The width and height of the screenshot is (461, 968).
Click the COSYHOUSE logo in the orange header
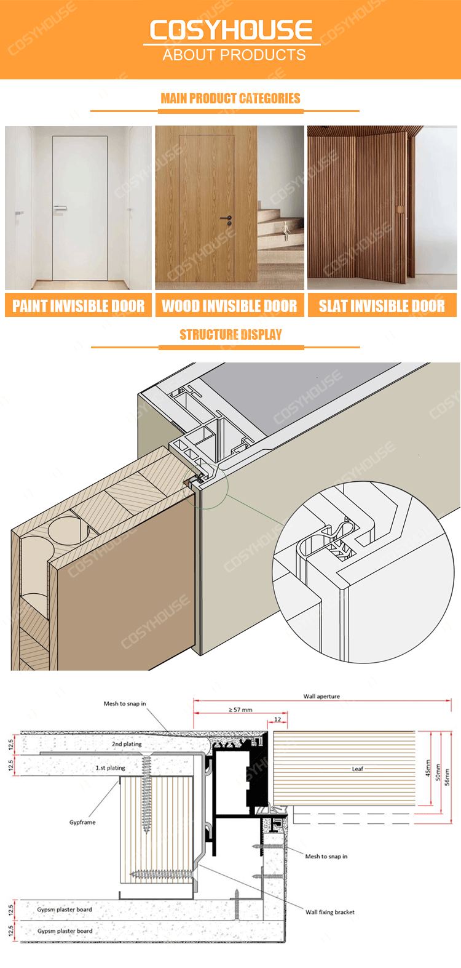coord(231,30)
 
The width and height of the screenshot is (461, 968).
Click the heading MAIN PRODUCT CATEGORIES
coord(230,98)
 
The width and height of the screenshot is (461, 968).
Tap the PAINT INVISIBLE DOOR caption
coord(78,306)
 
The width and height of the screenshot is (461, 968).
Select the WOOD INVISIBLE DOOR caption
coord(229,306)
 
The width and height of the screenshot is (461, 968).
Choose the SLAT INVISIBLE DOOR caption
coord(382,306)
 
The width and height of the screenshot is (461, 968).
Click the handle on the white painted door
coord(60,208)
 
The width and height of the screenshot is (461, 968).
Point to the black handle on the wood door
coord(227,220)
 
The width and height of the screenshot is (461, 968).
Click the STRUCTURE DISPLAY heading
coord(230,335)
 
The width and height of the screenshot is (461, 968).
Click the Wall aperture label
coord(321,696)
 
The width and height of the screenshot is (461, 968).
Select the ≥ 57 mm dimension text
coord(240,710)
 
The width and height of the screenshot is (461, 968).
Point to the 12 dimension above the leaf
coord(278,719)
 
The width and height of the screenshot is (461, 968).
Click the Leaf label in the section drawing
coord(357,769)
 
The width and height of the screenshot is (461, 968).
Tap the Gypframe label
coord(82,822)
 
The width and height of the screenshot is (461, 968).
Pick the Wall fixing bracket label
coord(330,912)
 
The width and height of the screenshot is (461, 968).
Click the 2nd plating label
coord(127,744)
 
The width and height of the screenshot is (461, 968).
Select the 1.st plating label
coord(111,767)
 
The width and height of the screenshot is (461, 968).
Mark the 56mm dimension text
coord(447,777)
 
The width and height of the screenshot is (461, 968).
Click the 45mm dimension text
coord(428,768)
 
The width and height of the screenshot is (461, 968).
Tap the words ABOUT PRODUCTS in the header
coord(234,55)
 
